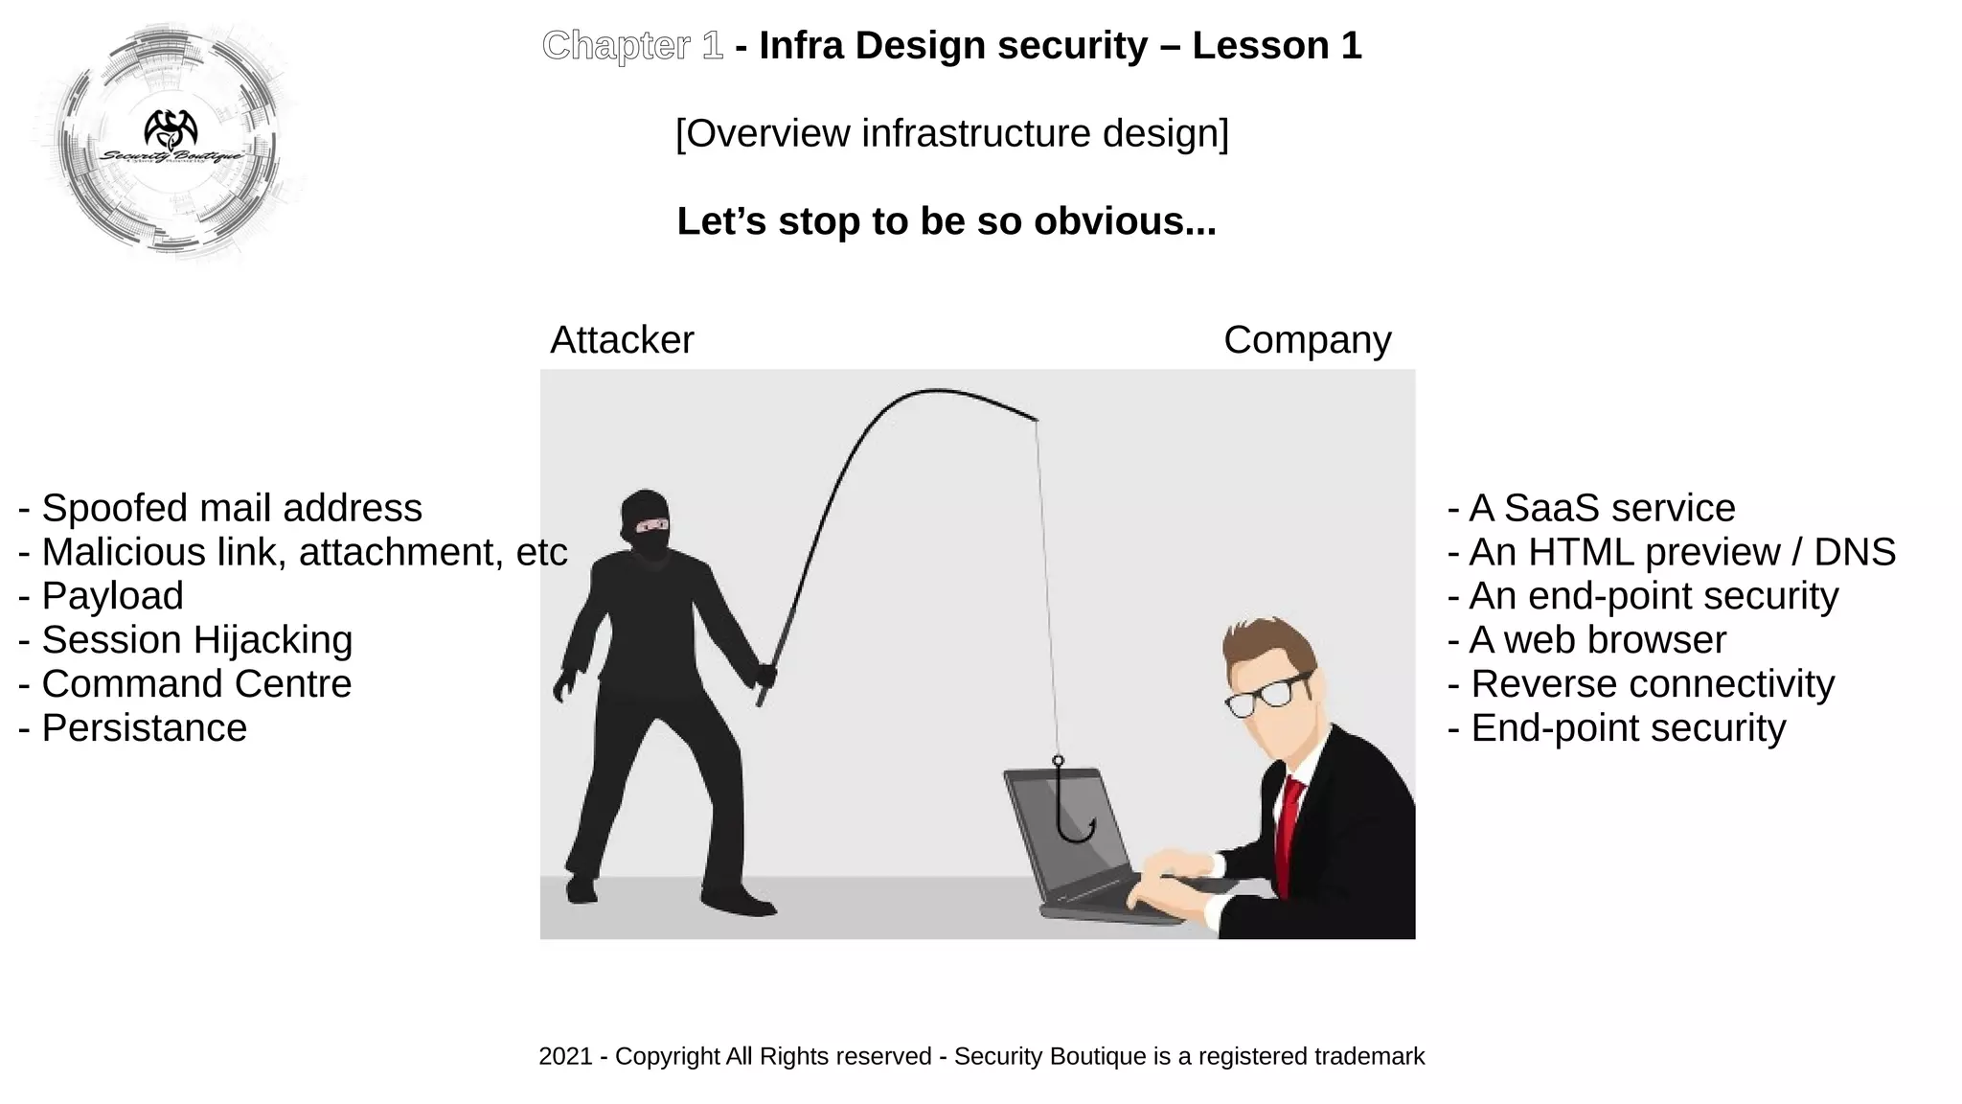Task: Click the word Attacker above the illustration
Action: pyautogui.click(x=622, y=340)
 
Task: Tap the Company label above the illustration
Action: pyautogui.click(x=1307, y=340)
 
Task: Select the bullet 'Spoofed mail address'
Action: pyautogui.click(x=220, y=508)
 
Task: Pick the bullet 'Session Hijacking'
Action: pyautogui.click(x=186, y=640)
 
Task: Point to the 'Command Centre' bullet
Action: pyautogui.click(x=186, y=684)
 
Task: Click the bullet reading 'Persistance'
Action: pyautogui.click(x=134, y=728)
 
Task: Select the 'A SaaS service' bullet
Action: pyautogui.click(x=1591, y=508)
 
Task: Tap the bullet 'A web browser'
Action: pyautogui.click(x=1586, y=640)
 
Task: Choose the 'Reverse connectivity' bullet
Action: pyautogui.click(x=1640, y=684)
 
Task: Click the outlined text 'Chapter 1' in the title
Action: pyautogui.click(x=632, y=46)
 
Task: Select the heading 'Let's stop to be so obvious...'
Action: pyautogui.click(x=947, y=221)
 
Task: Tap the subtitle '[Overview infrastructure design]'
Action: pyautogui.click(x=951, y=133)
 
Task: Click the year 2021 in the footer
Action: pyautogui.click(x=565, y=1056)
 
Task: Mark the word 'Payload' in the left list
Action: pyautogui.click(x=112, y=596)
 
